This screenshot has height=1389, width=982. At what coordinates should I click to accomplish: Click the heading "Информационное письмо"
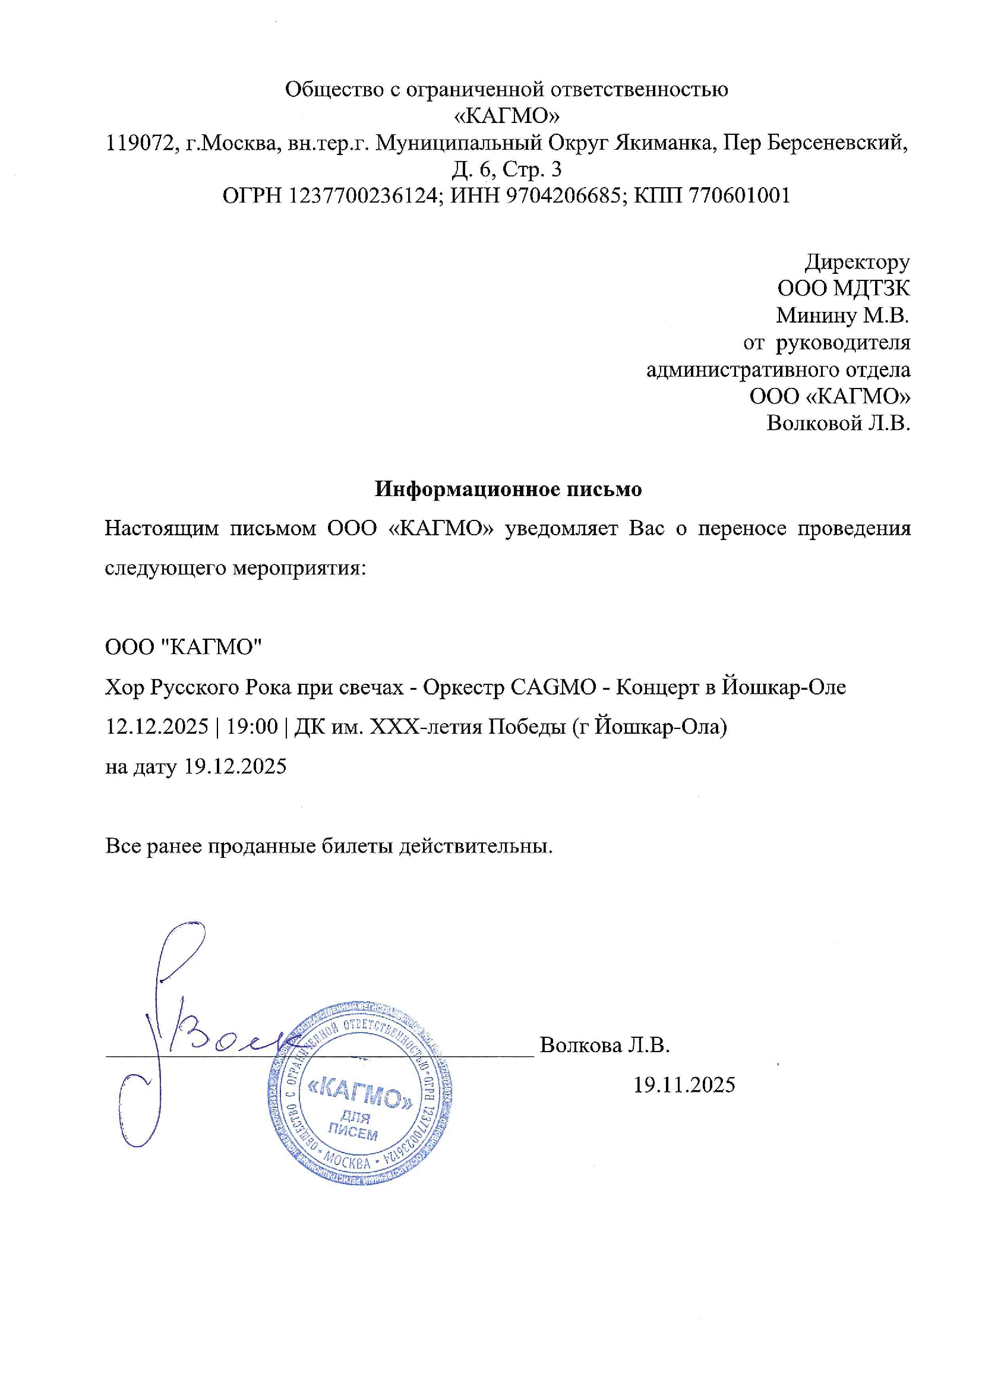click(x=508, y=489)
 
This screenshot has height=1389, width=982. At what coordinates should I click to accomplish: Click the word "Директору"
click(x=857, y=262)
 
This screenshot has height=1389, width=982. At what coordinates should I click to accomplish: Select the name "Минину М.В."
click(x=843, y=315)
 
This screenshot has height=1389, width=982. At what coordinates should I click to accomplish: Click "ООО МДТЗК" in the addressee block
click(x=844, y=289)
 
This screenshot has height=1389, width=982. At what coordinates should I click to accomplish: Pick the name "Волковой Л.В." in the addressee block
click(x=838, y=422)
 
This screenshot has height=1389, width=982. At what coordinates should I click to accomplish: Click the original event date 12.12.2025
click(x=157, y=726)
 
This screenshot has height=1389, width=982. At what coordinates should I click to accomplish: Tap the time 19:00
click(x=252, y=726)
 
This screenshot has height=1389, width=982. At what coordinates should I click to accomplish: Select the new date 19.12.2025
click(x=235, y=766)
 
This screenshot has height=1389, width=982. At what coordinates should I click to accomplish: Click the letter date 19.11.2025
click(x=684, y=1085)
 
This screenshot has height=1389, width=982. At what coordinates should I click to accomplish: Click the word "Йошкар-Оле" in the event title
click(x=784, y=687)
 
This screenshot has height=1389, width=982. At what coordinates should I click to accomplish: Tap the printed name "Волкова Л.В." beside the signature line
click(x=604, y=1045)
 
